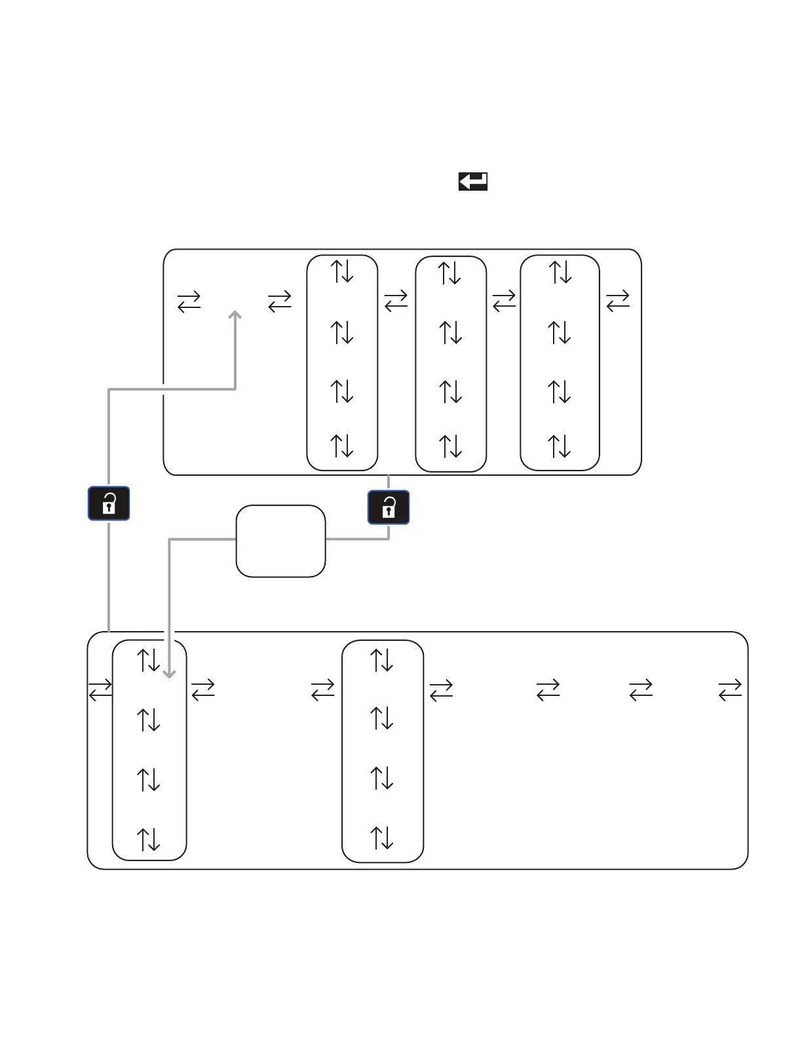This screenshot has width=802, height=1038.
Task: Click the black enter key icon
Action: [x=472, y=182]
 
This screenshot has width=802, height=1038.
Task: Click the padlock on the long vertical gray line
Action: [x=109, y=503]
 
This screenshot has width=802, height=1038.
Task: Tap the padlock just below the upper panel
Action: [x=389, y=507]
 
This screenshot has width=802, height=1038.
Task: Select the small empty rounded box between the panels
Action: [x=280, y=541]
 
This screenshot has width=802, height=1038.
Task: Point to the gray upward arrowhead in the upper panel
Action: [x=235, y=315]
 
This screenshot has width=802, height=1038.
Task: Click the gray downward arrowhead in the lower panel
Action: [x=170, y=673]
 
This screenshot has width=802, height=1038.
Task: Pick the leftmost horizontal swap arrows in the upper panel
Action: [x=189, y=301]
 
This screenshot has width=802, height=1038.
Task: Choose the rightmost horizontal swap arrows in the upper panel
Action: [x=617, y=301]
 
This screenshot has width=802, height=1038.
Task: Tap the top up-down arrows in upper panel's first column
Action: [x=342, y=271]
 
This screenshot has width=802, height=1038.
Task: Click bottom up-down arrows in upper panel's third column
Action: [x=560, y=446]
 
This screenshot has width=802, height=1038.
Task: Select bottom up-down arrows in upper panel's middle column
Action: [x=451, y=446]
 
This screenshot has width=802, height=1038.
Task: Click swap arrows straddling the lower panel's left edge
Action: [x=100, y=689]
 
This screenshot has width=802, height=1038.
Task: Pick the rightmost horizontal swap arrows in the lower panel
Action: [x=729, y=689]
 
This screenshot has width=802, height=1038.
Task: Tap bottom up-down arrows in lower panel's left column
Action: [x=149, y=839]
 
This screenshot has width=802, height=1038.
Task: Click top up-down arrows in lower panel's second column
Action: [x=382, y=661]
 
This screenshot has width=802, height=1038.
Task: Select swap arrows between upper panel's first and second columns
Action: [x=396, y=301]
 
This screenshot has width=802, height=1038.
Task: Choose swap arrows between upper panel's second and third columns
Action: [x=504, y=301]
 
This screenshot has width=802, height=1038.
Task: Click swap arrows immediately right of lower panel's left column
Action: [x=203, y=689]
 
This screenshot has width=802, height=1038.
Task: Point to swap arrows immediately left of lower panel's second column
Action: [x=323, y=689]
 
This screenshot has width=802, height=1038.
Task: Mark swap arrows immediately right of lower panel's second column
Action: [x=441, y=689]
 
